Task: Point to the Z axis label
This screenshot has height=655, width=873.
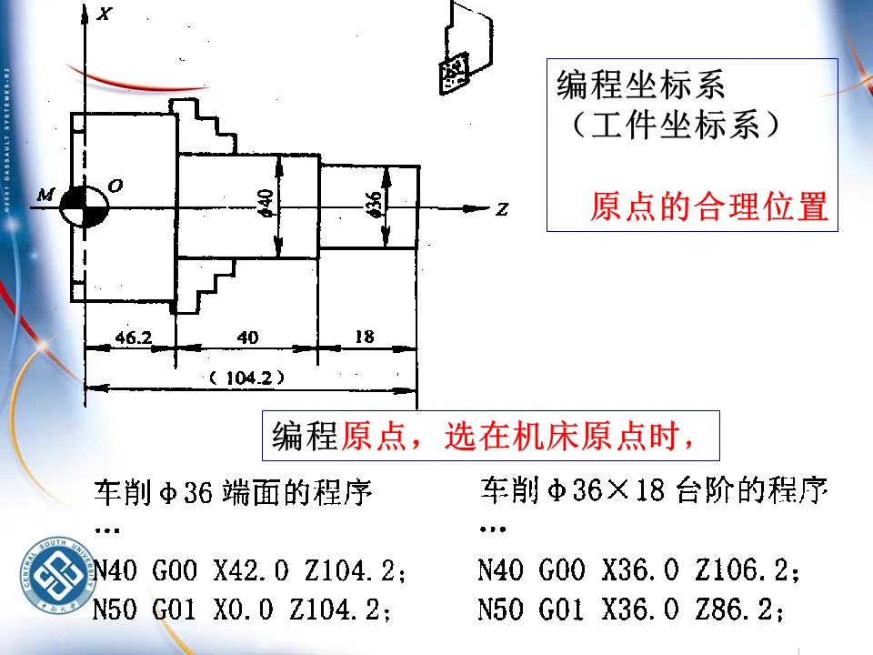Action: [501, 210]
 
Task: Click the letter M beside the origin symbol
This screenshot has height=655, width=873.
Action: [45, 194]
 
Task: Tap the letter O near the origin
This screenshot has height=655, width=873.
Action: [115, 186]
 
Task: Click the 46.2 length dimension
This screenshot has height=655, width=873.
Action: [133, 338]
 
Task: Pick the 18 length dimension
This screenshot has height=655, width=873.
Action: [364, 337]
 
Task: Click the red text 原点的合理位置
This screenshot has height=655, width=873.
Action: [709, 207]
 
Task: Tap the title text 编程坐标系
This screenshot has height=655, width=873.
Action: [640, 86]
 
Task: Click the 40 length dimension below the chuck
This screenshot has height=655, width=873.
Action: [247, 338]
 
